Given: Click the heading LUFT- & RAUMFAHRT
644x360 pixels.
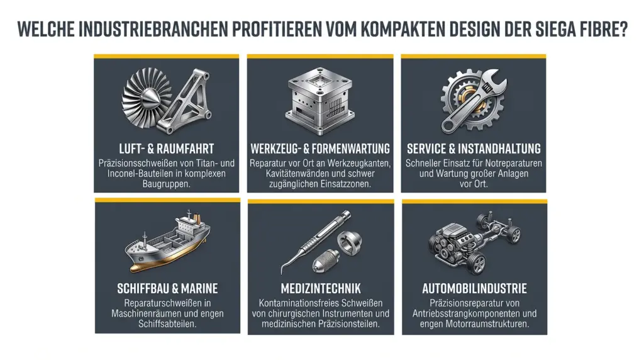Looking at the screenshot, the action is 166,149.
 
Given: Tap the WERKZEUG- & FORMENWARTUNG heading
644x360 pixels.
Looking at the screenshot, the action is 320,149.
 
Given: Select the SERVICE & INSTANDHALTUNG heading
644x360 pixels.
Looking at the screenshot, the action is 474,149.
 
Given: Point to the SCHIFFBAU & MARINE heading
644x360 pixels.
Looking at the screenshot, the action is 167,288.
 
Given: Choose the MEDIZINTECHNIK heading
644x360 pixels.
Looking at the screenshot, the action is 321,288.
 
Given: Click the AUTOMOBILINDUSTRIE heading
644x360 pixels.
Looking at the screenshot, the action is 474,288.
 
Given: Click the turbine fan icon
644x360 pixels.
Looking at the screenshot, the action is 147,98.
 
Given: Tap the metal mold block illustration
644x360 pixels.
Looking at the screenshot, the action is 320,101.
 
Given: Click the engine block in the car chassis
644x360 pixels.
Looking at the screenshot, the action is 449,240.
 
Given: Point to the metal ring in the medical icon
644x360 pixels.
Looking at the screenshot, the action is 350,243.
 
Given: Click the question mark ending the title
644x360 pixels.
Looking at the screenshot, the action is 623,29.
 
